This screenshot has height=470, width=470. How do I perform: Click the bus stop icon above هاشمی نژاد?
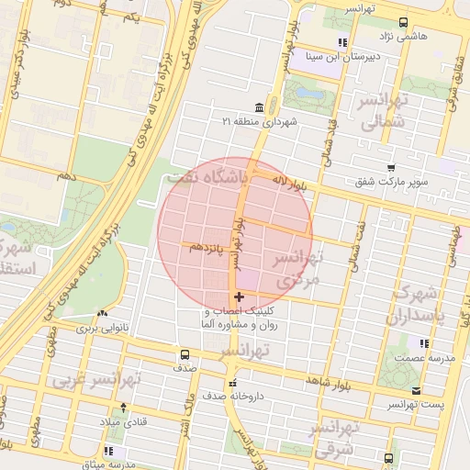tap(403, 23)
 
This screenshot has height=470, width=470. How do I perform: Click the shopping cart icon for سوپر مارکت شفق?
tap(392, 168)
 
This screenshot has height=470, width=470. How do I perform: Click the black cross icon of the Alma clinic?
tap(240, 297)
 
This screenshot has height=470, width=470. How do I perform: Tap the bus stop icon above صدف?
tap(185, 353)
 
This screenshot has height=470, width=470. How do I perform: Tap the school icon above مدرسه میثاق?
tap(109, 450)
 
